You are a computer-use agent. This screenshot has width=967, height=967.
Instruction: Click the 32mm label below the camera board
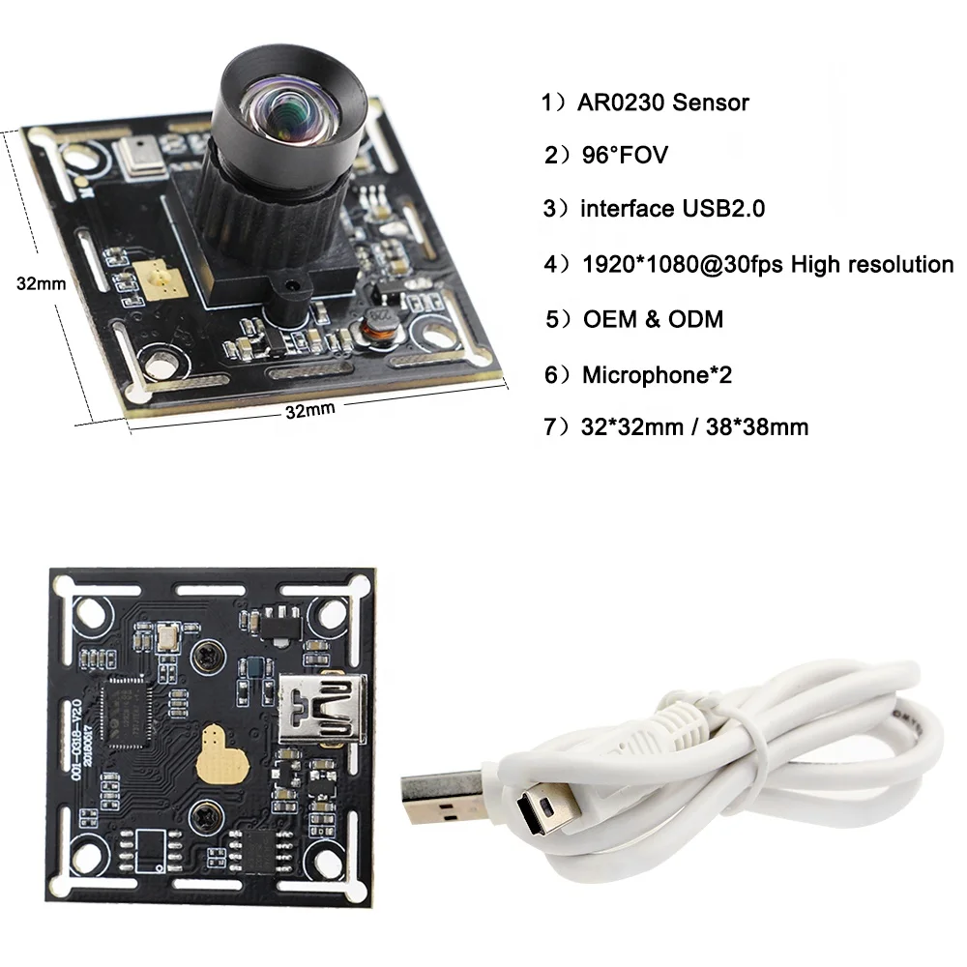coord(309,410)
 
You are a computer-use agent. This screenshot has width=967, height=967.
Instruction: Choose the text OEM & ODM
coord(653,319)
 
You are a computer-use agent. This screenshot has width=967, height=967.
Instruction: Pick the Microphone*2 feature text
coord(657,374)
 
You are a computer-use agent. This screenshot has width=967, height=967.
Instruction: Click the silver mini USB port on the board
coord(314,712)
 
